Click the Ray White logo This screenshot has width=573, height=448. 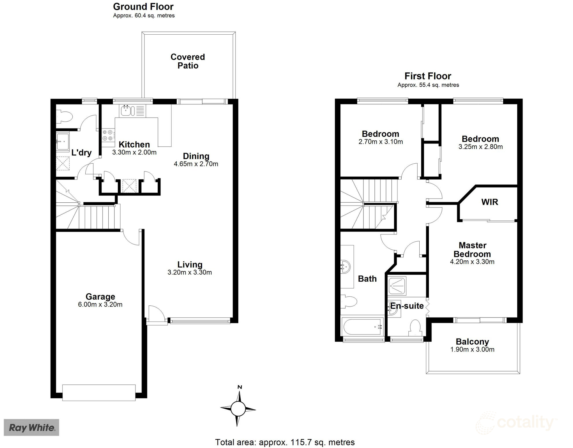[x=31, y=428]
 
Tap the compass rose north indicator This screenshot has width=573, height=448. [x=240, y=387]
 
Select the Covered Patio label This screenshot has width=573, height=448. [x=188, y=61]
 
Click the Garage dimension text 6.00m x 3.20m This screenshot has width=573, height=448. [x=100, y=304]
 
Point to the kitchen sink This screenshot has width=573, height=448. [x=126, y=111]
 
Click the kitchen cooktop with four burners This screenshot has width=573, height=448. [x=108, y=135]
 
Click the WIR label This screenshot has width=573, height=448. [x=489, y=202]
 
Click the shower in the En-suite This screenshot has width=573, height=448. [x=397, y=286]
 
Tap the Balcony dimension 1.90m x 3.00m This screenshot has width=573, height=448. [x=472, y=350]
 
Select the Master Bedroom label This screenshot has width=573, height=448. [x=472, y=250]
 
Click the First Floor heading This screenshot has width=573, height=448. [x=428, y=76]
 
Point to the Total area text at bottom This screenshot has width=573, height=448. [x=285, y=442]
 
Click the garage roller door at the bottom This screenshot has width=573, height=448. [x=99, y=393]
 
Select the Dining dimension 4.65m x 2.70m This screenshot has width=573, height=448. [x=196, y=164]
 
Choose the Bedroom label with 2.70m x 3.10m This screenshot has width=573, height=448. [x=380, y=134]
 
